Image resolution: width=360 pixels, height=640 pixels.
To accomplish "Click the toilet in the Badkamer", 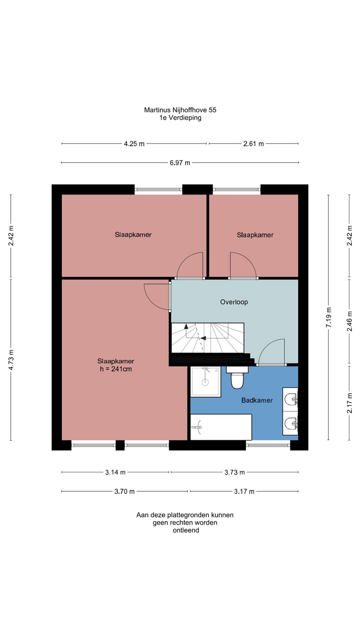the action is (x=237, y=377).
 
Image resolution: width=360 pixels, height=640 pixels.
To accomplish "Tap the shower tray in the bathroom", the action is (x=206, y=382).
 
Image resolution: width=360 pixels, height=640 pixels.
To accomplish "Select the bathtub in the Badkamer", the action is (x=221, y=427).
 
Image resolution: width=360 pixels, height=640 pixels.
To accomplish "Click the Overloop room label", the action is (x=234, y=302).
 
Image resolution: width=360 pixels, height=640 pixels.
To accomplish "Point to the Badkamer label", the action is (x=257, y=400).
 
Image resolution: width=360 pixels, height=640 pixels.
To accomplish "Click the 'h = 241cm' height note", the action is (x=116, y=369).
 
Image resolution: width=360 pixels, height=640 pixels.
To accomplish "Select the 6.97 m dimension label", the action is (x=180, y=163).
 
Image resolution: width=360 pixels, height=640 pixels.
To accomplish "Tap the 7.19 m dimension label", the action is (x=329, y=317).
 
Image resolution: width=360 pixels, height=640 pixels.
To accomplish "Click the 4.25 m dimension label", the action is (x=134, y=144).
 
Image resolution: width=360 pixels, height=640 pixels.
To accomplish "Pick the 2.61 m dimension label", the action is (x=253, y=144).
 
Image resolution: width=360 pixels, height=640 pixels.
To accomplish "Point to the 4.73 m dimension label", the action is (x=11, y=360).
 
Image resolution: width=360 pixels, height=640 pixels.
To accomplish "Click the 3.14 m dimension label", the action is (x=115, y=472).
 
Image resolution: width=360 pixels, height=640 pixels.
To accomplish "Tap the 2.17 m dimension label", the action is (x=349, y=403).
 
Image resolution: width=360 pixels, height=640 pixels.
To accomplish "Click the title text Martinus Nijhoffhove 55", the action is (x=180, y=110).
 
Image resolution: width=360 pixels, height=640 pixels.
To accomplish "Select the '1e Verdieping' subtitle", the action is (x=180, y=117).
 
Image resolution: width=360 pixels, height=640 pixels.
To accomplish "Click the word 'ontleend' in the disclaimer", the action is (x=186, y=530).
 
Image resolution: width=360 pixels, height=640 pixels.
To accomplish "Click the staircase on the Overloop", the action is (x=208, y=338).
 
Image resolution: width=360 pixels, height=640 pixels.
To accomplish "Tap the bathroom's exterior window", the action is (x=268, y=445).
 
